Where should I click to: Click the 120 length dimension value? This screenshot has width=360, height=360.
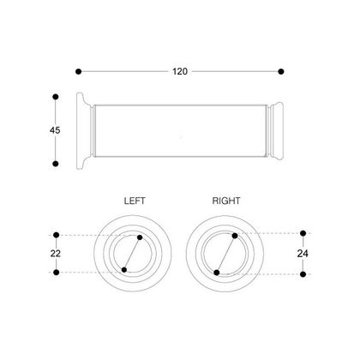pos(180,71)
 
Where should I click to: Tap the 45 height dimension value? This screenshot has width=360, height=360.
pos(55,130)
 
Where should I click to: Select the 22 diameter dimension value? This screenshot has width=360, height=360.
pos(56,254)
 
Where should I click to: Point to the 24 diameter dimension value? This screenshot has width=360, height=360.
pos(303,254)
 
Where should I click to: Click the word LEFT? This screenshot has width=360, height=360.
pos(135,201)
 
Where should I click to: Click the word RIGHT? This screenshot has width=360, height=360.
pos(226,201)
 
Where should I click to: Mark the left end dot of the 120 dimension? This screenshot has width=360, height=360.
pos(79,71)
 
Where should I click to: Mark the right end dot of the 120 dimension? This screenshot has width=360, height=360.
pos(281,71)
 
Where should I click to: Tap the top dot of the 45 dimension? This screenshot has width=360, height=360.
pos(56,97)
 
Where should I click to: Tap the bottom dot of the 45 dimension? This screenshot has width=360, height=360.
pos(56,164)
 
